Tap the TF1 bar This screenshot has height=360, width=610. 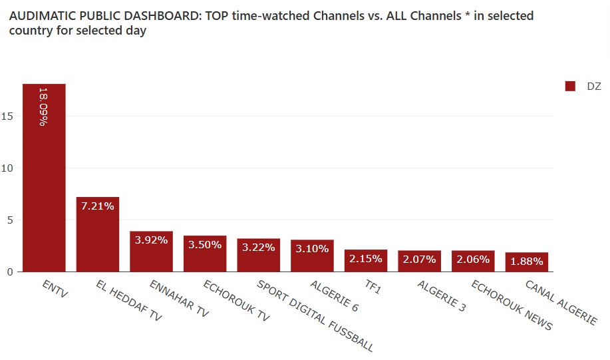[366, 260]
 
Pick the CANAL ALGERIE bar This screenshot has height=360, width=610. [526, 262]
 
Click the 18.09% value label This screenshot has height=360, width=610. [44, 106]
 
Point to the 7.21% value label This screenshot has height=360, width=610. [98, 206]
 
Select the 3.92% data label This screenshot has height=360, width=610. [151, 240]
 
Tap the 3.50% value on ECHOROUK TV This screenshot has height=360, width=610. [205, 244]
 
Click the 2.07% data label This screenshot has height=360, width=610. [419, 260]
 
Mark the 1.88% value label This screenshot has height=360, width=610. [526, 262]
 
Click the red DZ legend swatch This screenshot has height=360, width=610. [569, 87]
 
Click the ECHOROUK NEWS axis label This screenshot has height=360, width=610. [512, 305]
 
